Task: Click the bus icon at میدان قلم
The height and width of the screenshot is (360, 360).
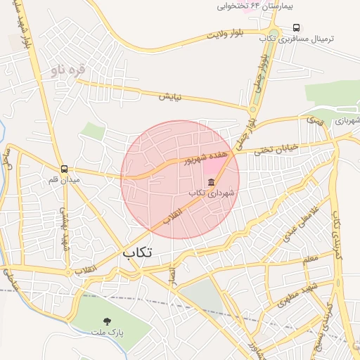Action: click(x=65, y=169)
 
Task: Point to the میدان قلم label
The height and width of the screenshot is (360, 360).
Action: click(x=49, y=180)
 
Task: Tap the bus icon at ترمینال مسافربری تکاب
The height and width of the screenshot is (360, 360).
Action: click(x=295, y=28)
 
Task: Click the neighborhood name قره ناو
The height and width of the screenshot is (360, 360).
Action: click(x=67, y=70)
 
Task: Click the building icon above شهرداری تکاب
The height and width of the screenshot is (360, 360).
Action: click(x=211, y=182)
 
